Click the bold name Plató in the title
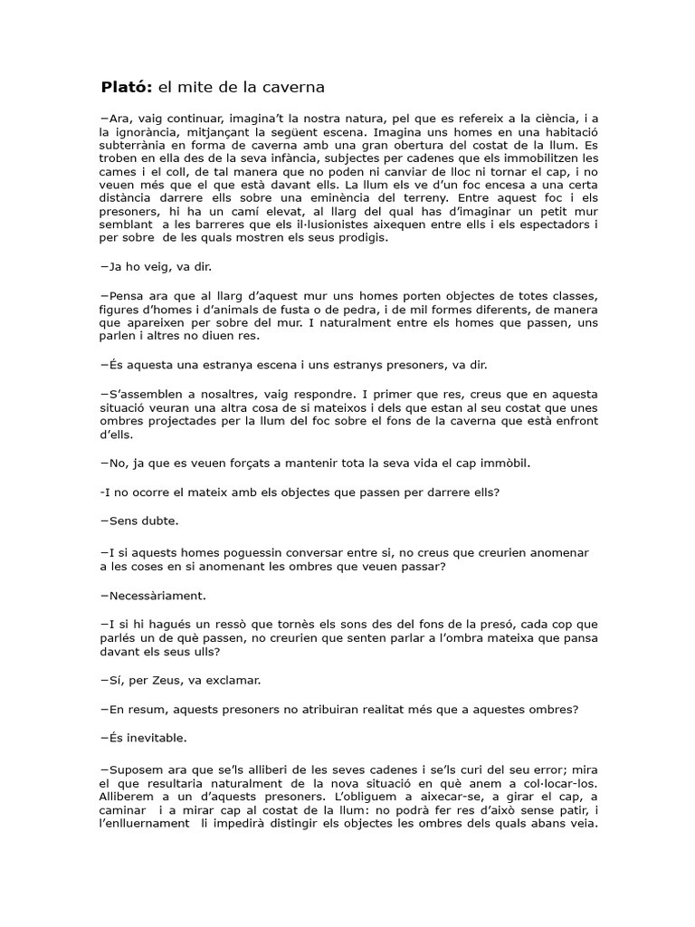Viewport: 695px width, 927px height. coord(127,88)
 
